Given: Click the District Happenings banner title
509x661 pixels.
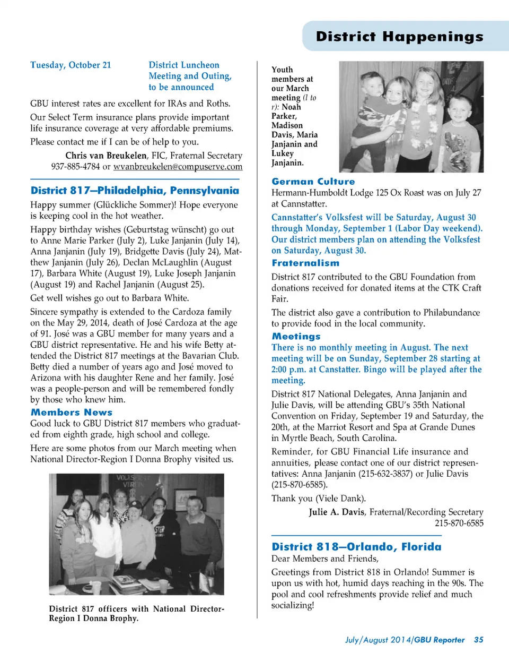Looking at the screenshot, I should click(x=399, y=37).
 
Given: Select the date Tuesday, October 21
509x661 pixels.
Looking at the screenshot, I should click(x=71, y=65).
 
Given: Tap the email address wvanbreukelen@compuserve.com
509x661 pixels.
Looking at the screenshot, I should click(x=178, y=167).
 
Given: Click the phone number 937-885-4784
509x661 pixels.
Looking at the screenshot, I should click(x=75, y=167).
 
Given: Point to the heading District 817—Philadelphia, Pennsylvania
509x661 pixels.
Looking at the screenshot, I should click(x=135, y=191).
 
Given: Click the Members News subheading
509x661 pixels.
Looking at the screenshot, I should click(x=72, y=412).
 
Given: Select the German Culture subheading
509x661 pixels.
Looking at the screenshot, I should click(x=313, y=182).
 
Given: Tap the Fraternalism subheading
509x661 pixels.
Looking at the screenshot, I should click(x=305, y=263).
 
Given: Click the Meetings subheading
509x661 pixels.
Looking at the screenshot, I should click(x=296, y=336).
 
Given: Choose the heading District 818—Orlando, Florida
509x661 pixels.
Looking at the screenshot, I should click(x=356, y=547).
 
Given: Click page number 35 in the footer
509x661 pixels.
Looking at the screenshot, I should click(x=478, y=640).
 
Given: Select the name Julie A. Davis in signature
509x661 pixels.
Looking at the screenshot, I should click(x=337, y=512).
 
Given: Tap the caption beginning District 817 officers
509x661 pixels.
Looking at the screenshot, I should click(x=136, y=613).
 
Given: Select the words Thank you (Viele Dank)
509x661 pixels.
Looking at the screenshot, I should click(x=318, y=499).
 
